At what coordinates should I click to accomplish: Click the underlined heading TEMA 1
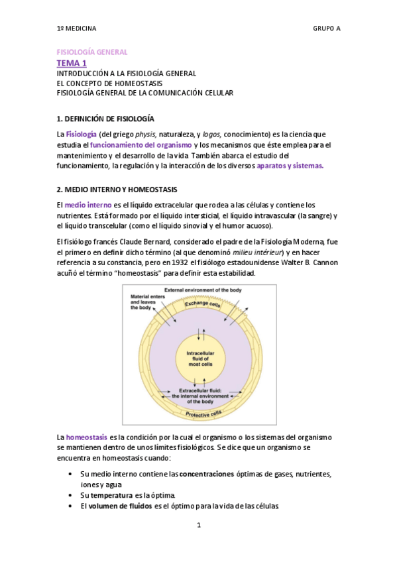tap(72, 63)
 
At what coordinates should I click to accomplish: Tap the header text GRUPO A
tap(326, 28)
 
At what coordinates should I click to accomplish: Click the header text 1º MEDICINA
tap(76, 28)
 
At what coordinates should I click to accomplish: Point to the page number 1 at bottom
tap(198, 526)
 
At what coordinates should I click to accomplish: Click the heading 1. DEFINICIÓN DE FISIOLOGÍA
tap(105, 119)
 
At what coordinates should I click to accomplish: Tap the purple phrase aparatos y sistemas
tap(290, 165)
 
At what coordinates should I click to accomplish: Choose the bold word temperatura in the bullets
tap(113, 496)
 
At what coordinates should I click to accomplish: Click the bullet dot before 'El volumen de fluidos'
tap(71, 506)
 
